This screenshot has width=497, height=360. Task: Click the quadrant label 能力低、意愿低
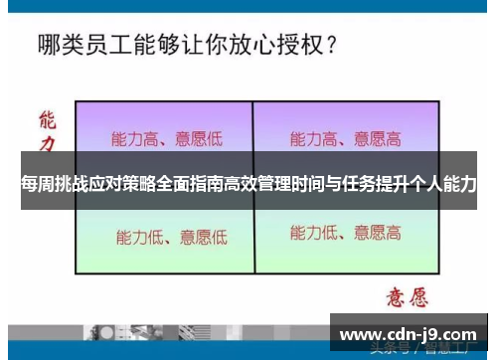point(170,237)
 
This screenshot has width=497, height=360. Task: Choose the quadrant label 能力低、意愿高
point(344,234)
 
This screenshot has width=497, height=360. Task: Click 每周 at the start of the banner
point(37,185)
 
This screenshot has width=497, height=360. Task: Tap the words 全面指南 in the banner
point(203,185)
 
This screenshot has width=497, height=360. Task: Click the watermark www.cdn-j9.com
point(409,334)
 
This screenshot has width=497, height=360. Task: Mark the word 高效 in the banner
point(248,185)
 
